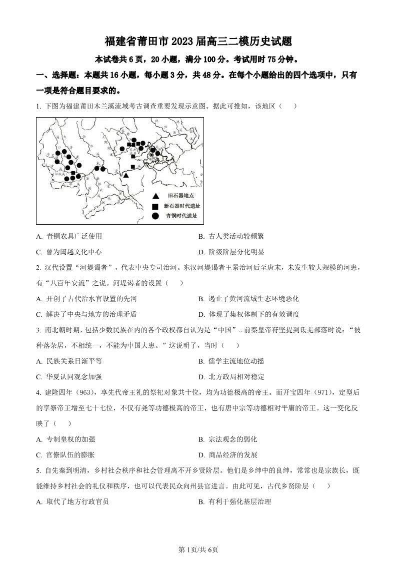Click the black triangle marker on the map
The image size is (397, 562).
click(126, 175)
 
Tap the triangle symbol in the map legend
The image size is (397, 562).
click(155, 196)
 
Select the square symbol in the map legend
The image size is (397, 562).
click(155, 206)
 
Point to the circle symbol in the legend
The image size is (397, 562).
click(155, 216)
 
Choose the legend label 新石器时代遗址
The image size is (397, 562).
click(181, 206)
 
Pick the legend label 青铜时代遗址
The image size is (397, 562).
click(181, 216)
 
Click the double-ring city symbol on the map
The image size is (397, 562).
click(151, 155)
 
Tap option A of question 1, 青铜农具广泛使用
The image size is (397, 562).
click(69, 237)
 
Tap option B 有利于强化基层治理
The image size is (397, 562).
click(234, 501)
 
